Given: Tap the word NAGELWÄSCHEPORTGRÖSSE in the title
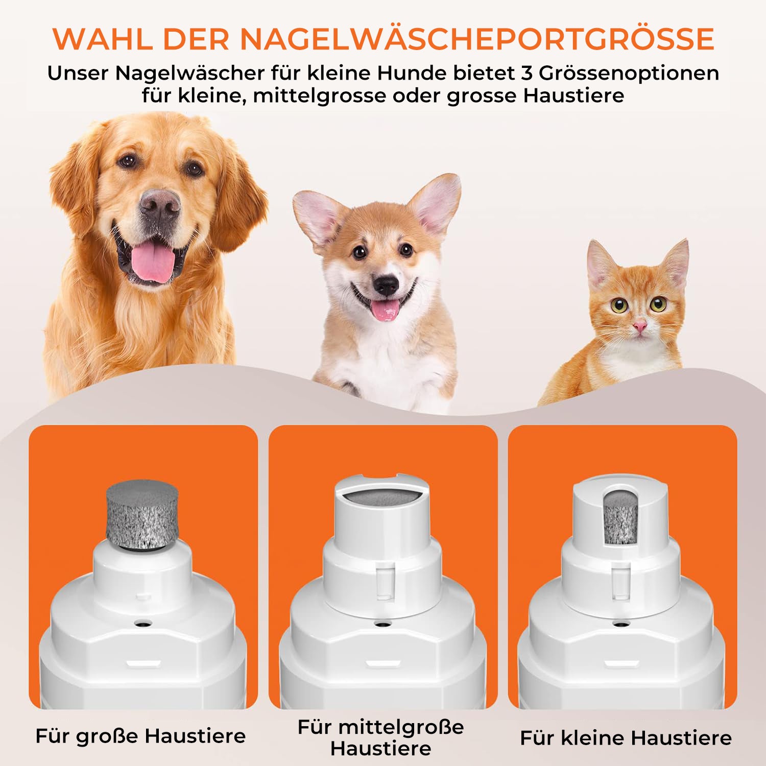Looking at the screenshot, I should coord(477,38).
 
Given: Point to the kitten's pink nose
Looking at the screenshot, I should coord(639,325).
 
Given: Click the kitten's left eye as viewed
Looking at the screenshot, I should coord(619,305).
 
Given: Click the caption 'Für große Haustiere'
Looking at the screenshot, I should coord(140,736).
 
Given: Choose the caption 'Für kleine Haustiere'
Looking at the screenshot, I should coord(626,738).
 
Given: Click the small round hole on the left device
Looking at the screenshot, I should coord(143,623).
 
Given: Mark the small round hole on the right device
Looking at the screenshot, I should coord(620,624).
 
